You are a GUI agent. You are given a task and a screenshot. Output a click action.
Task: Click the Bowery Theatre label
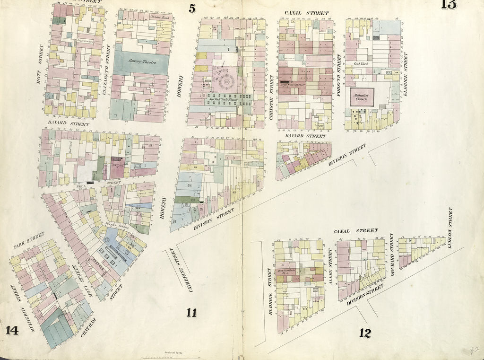[x=141, y=62]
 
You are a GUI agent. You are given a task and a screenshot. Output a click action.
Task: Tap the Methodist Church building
[x=362, y=97]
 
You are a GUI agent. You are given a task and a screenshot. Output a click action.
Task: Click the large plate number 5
[x=191, y=8]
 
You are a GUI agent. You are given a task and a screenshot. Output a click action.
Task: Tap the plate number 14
[x=12, y=330]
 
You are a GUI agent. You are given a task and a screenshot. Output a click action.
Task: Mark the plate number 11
[x=191, y=312]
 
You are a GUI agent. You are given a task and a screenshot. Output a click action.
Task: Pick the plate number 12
[x=364, y=333]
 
